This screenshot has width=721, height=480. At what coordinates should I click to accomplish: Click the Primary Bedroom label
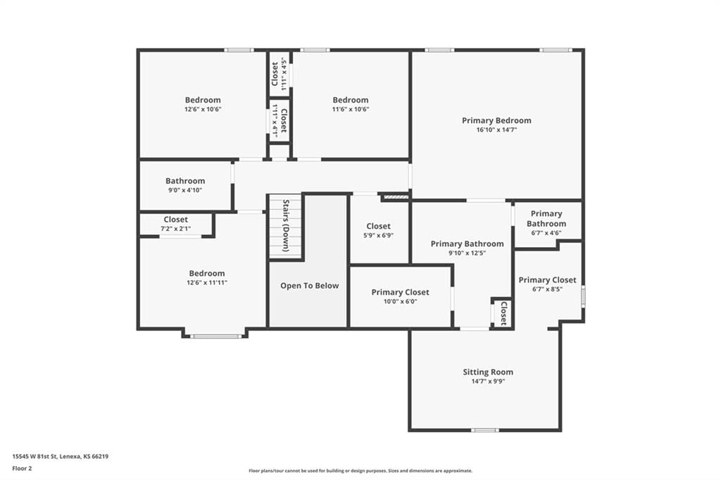point(496,120)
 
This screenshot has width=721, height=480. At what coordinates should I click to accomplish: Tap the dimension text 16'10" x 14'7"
point(496,130)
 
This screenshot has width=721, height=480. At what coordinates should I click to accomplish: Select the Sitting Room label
point(488,372)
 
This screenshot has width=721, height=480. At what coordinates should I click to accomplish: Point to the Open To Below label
point(310,286)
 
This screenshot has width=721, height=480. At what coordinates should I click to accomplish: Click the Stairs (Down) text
point(286,225)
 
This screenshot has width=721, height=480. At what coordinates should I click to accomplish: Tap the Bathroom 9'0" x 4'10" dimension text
point(185,190)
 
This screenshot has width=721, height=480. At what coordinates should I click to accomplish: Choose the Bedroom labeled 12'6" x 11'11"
point(207,273)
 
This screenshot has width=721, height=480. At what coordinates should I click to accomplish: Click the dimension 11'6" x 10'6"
point(351,109)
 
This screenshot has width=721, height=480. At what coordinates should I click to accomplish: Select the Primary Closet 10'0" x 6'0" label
point(400,292)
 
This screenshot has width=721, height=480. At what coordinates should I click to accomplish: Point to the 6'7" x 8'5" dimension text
point(547,289)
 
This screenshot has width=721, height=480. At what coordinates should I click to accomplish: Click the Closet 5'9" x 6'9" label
point(378,226)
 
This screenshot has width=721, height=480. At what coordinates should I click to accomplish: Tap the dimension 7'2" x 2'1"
point(175,229)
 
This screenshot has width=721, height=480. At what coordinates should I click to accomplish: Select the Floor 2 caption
point(22,469)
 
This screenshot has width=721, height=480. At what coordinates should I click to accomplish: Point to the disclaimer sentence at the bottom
point(360,471)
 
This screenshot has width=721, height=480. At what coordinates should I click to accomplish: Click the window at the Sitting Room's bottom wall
point(485,430)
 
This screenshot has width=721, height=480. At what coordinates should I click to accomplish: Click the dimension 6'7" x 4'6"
point(546,233)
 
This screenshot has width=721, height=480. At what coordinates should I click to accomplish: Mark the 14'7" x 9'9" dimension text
point(488,381)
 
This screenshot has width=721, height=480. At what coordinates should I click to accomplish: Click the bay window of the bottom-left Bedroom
point(215,336)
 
